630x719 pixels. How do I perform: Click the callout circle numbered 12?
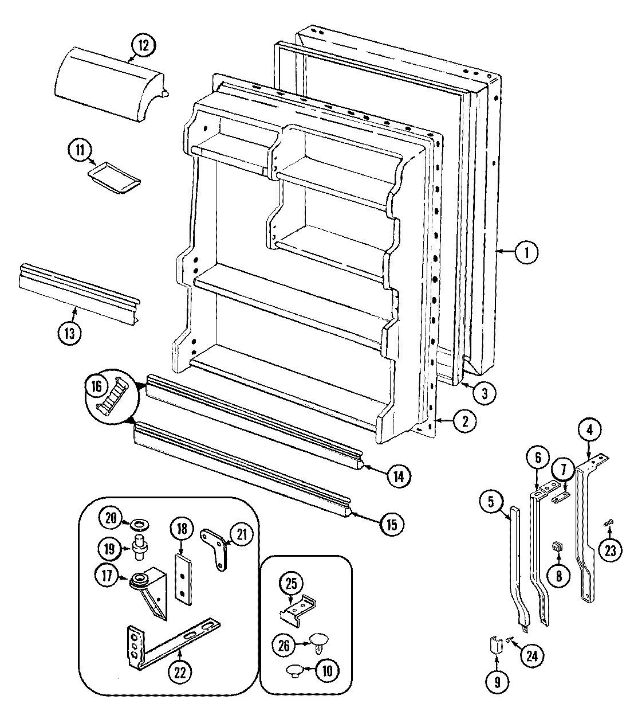[143, 45]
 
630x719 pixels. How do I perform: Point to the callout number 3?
[485, 393]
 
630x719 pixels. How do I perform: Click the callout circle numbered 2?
[465, 421]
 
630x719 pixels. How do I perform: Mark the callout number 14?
[398, 475]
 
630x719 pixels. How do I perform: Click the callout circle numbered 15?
[391, 524]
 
